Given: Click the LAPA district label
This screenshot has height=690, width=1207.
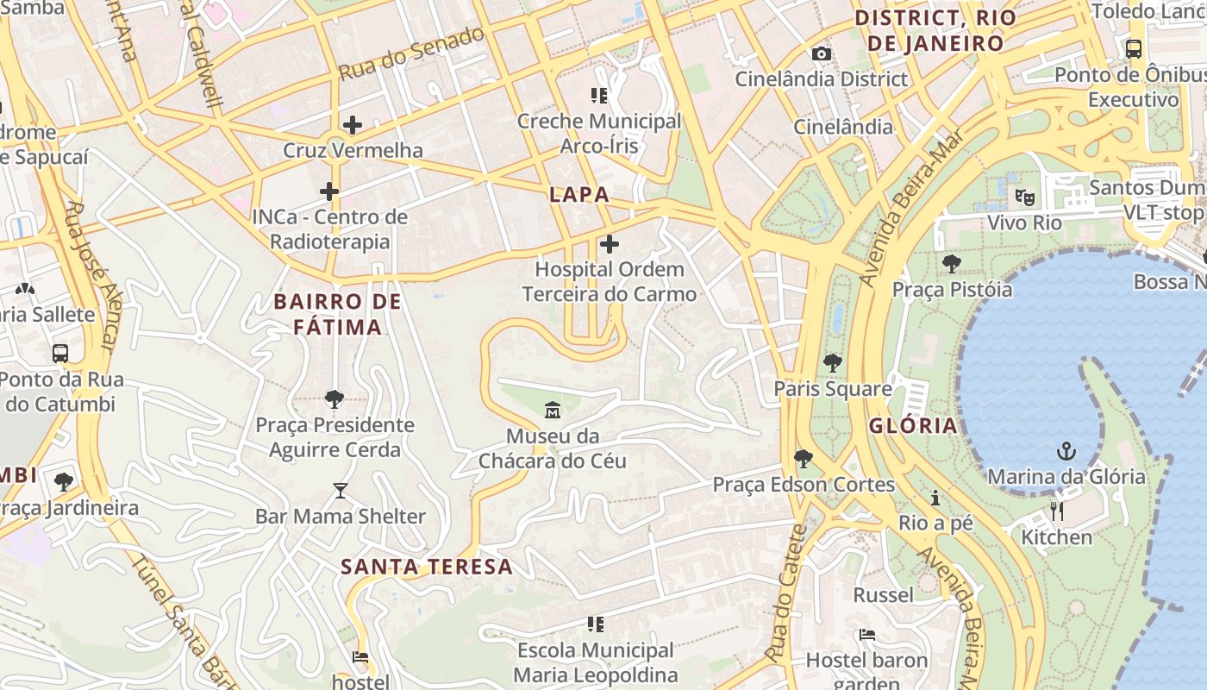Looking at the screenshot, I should (579, 194).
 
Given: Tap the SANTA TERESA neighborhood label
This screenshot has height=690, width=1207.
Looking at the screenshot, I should (427, 567).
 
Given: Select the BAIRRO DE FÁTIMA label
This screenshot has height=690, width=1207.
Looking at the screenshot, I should (338, 314).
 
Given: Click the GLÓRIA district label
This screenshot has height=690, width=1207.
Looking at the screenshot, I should (913, 425).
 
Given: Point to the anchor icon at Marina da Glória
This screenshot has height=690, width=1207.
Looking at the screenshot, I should (1066, 451).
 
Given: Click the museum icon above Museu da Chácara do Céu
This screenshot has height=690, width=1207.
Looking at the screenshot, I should (553, 409).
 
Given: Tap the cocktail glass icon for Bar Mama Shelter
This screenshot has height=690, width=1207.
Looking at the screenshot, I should (341, 491).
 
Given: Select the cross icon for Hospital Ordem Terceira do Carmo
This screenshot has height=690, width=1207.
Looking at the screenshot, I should (610, 244).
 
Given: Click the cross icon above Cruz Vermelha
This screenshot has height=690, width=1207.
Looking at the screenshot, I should (353, 125).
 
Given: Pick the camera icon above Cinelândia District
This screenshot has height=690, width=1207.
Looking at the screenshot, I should (822, 54).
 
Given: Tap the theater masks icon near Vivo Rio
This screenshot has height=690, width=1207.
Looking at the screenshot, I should (1024, 198).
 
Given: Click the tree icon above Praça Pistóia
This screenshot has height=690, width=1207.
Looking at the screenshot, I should (952, 263).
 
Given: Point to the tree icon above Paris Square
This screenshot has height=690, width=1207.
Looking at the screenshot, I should (832, 362).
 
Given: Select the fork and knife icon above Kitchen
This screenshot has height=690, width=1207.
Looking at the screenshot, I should (1057, 511).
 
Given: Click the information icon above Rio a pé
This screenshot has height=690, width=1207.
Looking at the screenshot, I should (935, 498).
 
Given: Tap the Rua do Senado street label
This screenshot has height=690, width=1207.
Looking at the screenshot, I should (412, 53).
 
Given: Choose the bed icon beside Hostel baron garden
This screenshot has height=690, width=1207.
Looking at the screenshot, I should (867, 636).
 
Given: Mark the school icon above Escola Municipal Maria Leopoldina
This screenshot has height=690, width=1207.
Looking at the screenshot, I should (596, 624).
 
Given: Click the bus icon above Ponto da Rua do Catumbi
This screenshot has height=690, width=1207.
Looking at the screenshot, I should (60, 353).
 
